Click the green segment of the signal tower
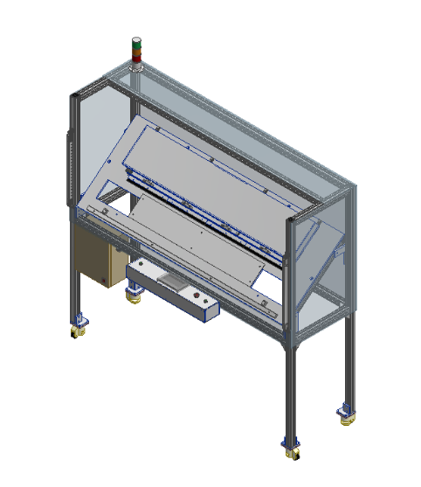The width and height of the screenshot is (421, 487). click(135, 41)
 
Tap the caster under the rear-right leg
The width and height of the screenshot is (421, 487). click(347, 413)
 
